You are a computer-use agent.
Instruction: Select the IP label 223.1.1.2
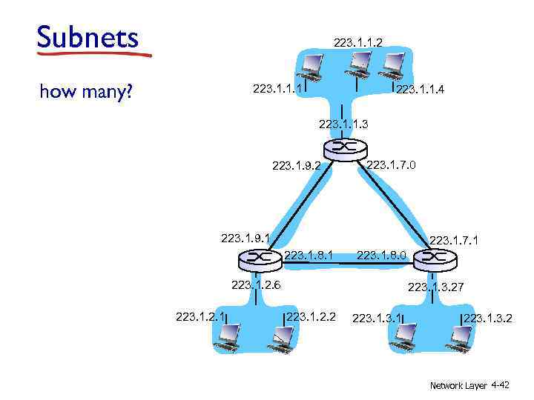pos(357,44)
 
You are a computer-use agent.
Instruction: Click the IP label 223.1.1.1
pos(277,89)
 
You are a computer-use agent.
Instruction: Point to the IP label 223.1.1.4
pos(421,90)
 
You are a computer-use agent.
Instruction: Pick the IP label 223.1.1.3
pos(343,124)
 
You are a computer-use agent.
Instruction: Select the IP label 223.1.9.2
pos(297,166)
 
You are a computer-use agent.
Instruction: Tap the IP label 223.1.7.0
pos(392,164)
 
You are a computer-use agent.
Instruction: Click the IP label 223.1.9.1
pos(245,238)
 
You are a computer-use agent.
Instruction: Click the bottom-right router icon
pos(433,259)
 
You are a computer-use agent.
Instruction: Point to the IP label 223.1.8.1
pos(308,256)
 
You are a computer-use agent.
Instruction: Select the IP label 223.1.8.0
pos(381,256)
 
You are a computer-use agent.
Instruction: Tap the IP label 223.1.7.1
pos(454,240)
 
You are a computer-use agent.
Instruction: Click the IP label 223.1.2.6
pos(255,284)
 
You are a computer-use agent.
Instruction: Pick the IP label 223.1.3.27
pos(435,287)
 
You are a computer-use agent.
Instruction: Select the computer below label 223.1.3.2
pos(461,339)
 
